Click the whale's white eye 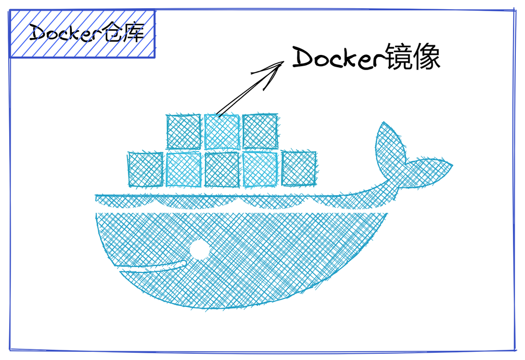coord(198,250)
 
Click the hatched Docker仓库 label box coord(83,34)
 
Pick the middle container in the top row coord(222,132)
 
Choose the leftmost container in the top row coord(184,132)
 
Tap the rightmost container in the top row coord(260,132)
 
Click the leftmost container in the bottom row coord(145,169)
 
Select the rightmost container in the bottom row coord(299,169)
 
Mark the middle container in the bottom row coord(222,169)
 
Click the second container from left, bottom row coord(184,169)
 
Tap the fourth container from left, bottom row coord(260,169)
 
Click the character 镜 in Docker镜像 coord(397,58)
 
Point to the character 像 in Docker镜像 coord(426,58)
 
